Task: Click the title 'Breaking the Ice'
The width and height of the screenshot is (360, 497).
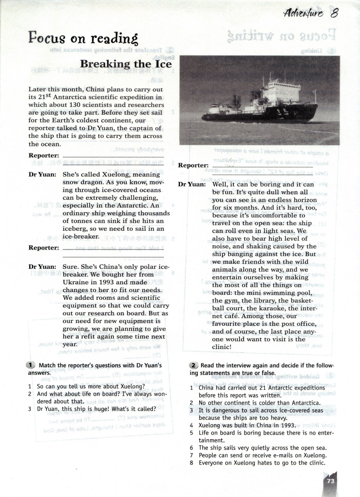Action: pos(126,64)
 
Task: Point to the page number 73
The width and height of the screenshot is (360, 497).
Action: pos(330,481)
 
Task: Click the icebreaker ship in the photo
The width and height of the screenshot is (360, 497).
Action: pos(267,105)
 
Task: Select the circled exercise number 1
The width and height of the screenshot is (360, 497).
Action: pos(31,365)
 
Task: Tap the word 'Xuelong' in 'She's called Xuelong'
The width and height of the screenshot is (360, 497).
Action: pos(116,175)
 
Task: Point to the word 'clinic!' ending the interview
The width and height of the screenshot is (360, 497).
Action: pos(222,347)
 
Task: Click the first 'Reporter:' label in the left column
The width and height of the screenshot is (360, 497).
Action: pos(44,156)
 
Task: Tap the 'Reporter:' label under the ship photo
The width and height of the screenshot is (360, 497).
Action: pos(193,165)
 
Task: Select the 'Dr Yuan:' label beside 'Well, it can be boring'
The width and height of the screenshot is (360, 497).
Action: pos(192,184)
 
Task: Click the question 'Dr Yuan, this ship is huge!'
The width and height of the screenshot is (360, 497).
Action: pos(97,409)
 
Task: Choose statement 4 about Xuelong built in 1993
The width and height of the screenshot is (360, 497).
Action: pos(247,425)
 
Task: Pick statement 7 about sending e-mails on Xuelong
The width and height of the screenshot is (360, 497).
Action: pos(262,455)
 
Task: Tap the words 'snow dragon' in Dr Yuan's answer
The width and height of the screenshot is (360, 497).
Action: pos(83,182)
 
